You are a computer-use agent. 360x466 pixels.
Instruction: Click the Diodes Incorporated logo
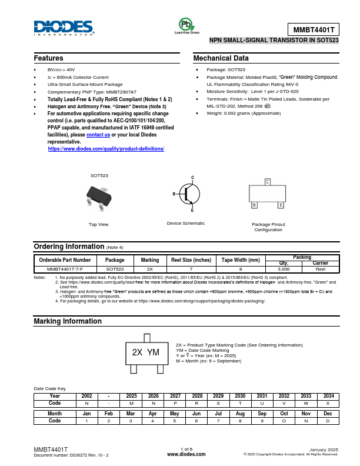(x=64, y=28)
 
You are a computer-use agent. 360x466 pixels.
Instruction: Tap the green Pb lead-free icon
(x=186, y=24)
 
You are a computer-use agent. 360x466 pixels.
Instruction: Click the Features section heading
(x=49, y=58)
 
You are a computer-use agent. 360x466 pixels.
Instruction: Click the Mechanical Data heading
(x=221, y=58)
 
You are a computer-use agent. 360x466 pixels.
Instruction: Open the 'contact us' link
(x=98, y=135)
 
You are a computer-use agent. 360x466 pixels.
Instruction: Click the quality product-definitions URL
(x=106, y=149)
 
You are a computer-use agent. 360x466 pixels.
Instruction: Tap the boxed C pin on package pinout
(x=267, y=182)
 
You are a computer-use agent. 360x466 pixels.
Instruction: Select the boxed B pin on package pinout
(x=254, y=205)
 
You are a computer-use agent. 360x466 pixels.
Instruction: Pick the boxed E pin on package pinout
(x=281, y=205)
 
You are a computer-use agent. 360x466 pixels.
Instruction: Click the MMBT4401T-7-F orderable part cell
(x=65, y=268)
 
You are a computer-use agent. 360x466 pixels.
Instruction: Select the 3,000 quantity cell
(x=284, y=268)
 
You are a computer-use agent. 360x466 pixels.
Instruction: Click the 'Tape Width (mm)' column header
(x=241, y=260)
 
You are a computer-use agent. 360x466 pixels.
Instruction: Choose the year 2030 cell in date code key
(x=240, y=396)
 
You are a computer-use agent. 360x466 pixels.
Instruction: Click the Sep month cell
(x=262, y=414)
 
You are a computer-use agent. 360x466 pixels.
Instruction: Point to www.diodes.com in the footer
(x=186, y=454)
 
